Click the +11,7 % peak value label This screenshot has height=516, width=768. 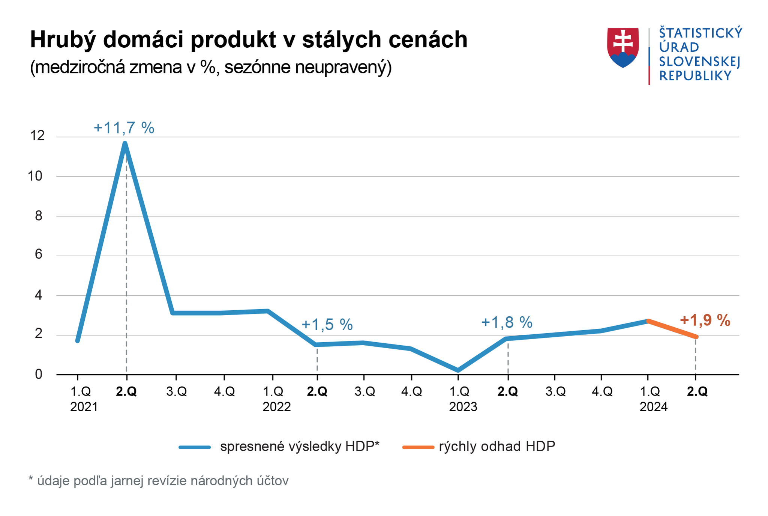[x=124, y=128]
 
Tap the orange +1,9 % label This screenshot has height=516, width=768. [x=705, y=320]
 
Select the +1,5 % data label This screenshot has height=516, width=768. [x=327, y=325]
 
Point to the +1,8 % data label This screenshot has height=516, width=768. [x=507, y=322]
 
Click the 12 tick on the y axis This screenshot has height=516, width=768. [x=37, y=135]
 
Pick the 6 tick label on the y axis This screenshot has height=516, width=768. [x=39, y=254]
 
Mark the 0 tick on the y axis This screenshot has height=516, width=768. [x=39, y=374]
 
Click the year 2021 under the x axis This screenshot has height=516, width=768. [x=84, y=407]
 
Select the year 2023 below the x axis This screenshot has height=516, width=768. [x=463, y=407]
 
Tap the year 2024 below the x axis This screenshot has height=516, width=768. [x=654, y=407]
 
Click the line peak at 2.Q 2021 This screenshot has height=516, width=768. [x=125, y=144]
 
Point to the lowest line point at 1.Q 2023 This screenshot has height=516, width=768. [x=458, y=370]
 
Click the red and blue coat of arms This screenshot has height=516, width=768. [x=623, y=47]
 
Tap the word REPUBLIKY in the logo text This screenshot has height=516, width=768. [x=695, y=76]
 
